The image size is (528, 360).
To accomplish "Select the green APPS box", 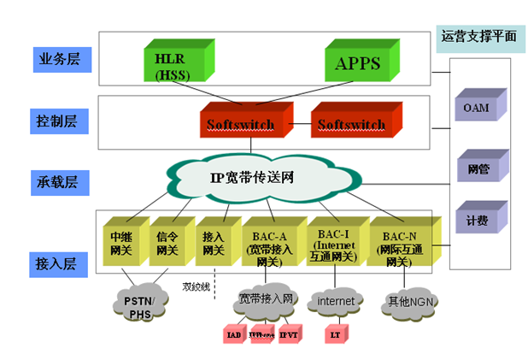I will click(x=358, y=62).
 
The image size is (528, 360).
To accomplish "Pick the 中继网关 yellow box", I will click(x=121, y=242).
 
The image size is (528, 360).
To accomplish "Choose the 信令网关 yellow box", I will click(x=166, y=242).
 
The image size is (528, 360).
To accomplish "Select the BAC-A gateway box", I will click(x=269, y=242).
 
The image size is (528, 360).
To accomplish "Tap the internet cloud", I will click(x=335, y=301).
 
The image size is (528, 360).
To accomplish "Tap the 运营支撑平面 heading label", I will click(x=478, y=38).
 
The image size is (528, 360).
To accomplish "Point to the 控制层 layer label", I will click(x=57, y=122).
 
